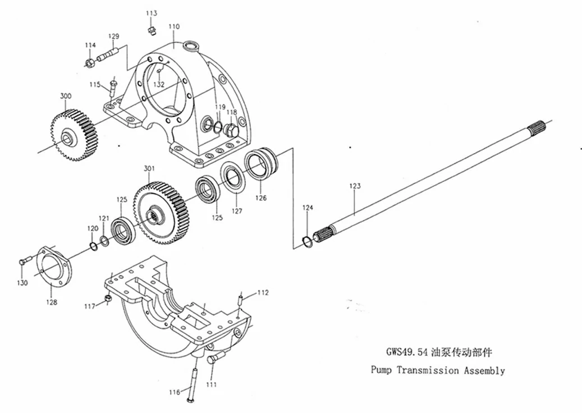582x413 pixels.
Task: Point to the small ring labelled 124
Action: pos(308,241)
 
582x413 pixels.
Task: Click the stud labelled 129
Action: pos(108,54)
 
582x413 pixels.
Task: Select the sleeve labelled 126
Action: pos(263,163)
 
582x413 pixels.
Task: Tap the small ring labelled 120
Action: pos(94,246)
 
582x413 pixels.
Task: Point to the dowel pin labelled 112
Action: pos(240,299)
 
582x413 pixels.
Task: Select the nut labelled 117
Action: pos(107,299)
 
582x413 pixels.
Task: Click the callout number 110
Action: pos(174,26)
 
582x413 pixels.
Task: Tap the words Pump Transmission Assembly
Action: pos(438,370)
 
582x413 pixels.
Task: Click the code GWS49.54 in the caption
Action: pos(407,352)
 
